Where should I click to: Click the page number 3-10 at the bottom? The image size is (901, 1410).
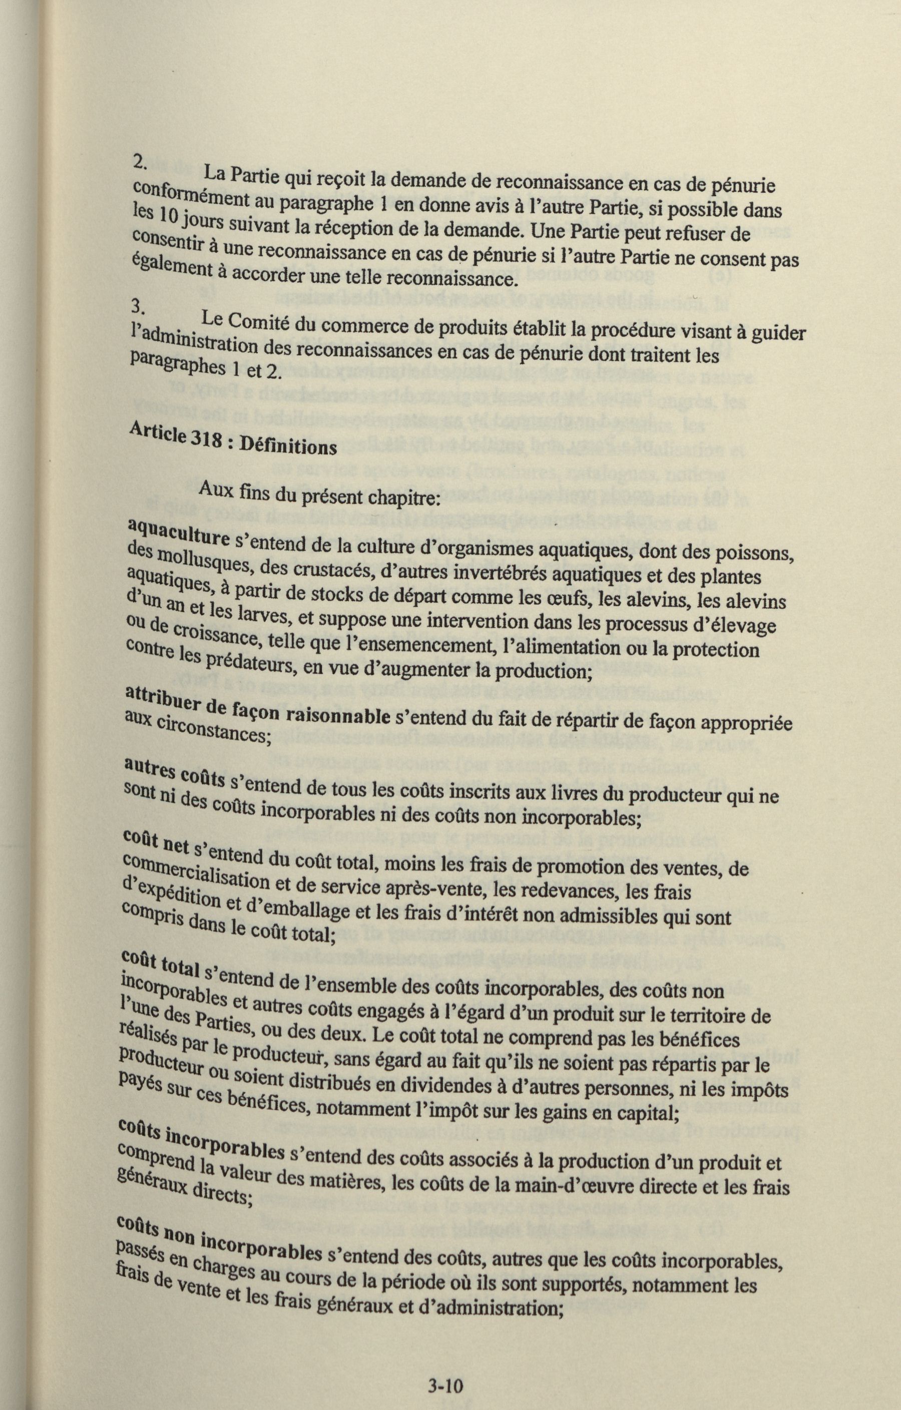tap(445, 1368)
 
